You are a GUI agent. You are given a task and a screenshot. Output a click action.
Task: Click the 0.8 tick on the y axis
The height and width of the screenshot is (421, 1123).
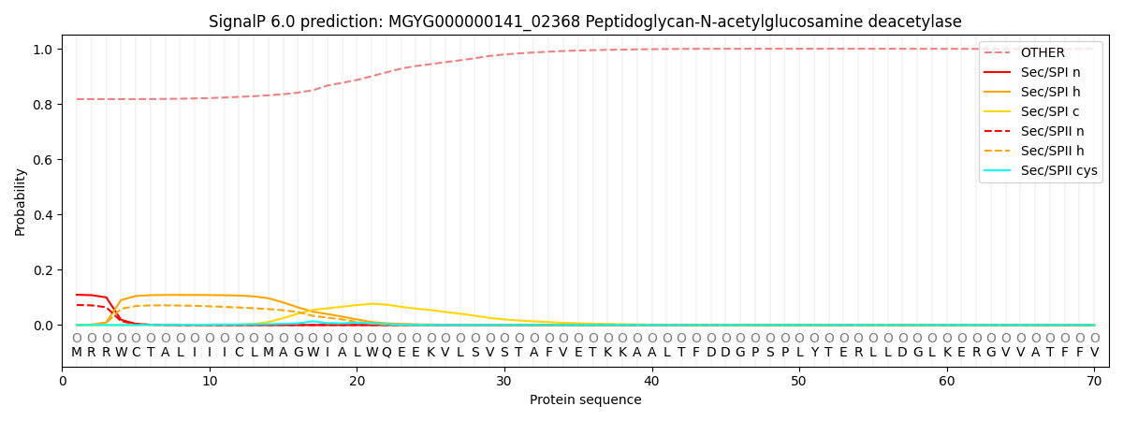tap(43, 105)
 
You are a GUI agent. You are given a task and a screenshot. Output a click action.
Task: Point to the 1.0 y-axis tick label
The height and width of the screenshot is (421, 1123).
tap(43, 50)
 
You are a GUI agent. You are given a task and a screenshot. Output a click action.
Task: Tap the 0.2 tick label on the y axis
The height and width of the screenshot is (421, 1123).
tap(43, 270)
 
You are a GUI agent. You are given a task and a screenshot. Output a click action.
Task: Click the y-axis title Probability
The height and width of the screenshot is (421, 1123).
tap(21, 201)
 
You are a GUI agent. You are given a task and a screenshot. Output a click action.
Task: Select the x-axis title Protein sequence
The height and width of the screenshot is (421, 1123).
tap(585, 400)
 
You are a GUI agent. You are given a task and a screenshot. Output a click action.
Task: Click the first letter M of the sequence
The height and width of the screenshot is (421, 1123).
tap(77, 352)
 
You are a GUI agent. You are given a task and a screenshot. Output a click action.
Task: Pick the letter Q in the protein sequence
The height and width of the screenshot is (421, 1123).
tap(386, 352)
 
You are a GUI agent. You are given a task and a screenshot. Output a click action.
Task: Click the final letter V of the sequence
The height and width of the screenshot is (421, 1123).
tap(1094, 352)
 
